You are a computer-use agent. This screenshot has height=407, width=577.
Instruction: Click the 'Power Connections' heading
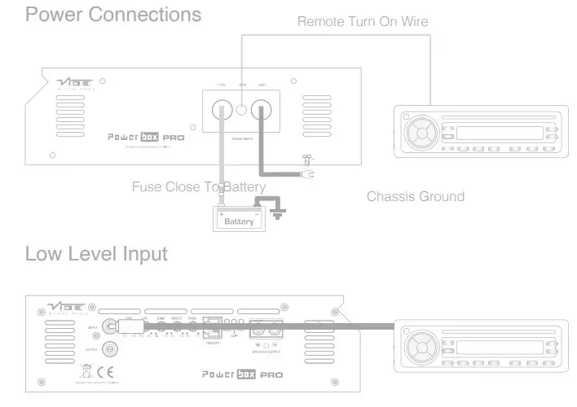click(113, 15)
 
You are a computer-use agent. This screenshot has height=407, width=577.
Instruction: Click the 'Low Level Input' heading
click(96, 254)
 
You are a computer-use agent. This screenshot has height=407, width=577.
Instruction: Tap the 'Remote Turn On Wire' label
click(363, 22)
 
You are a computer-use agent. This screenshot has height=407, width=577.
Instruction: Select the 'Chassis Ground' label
click(416, 196)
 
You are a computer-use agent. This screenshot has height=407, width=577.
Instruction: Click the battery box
click(239, 219)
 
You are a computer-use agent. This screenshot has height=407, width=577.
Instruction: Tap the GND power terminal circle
click(262, 109)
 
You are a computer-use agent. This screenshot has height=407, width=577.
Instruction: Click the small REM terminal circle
click(242, 107)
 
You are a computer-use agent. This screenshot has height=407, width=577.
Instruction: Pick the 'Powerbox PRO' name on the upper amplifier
click(146, 138)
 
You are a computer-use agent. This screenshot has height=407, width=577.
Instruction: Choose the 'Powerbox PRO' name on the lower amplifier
click(242, 374)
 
